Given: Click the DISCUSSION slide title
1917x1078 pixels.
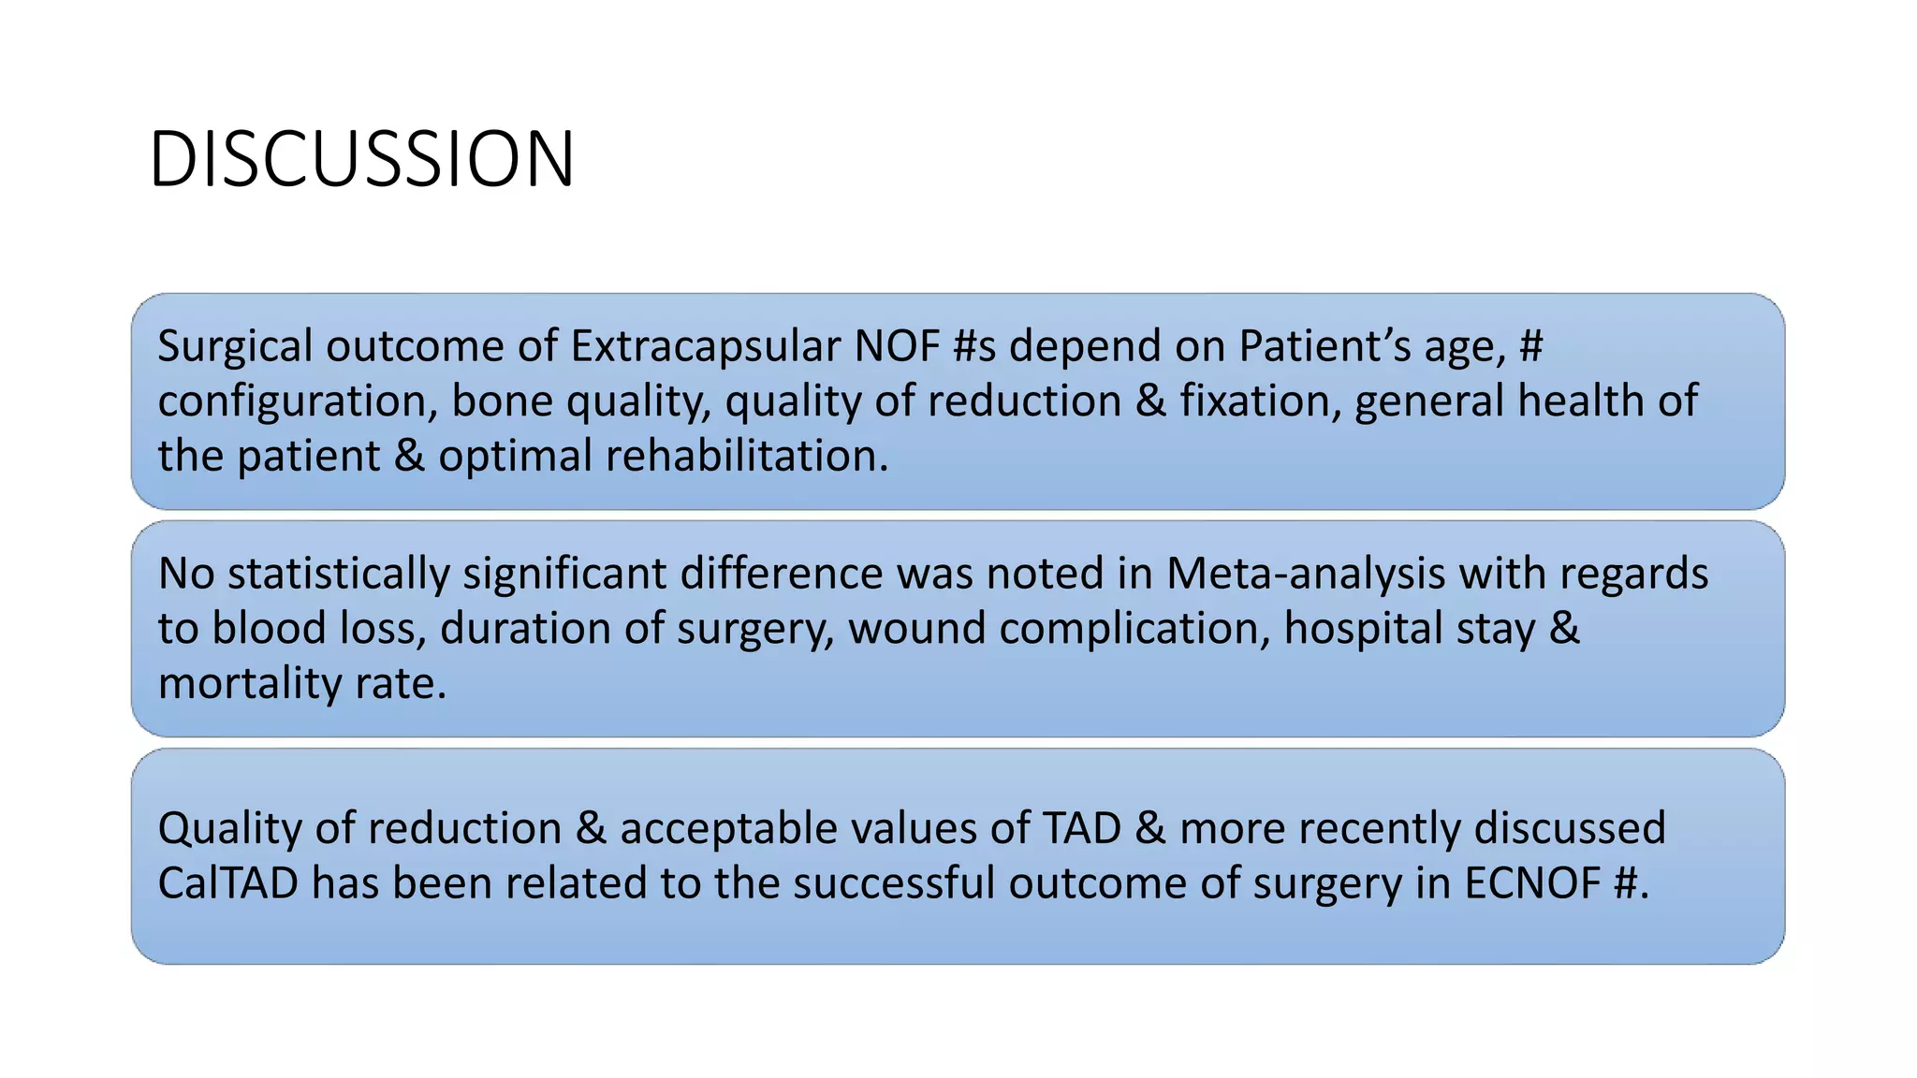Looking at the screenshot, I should (361, 159).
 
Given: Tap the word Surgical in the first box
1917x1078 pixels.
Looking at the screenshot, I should (234, 346).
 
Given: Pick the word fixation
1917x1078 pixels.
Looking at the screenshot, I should (1259, 401).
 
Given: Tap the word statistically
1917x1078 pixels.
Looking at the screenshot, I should (338, 574).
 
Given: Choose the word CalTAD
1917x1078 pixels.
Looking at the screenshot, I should (227, 883).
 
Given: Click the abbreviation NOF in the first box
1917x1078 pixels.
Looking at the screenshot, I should (896, 346).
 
